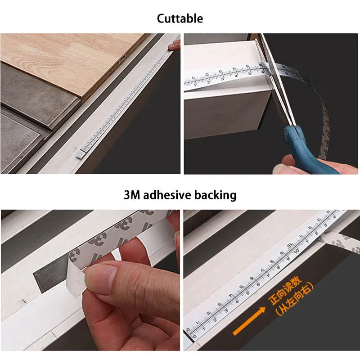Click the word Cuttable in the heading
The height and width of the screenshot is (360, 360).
pos(180,18)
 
